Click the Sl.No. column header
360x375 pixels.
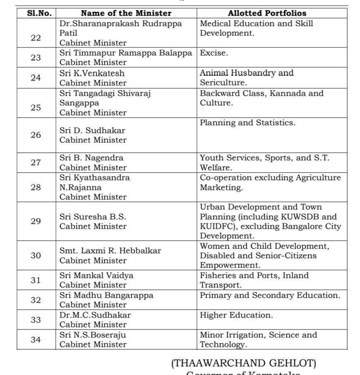pyautogui.click(x=36, y=13)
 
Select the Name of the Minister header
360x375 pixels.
pyautogui.click(x=126, y=13)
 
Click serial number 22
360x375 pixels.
pyautogui.click(x=36, y=38)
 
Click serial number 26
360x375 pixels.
pyautogui.click(x=36, y=135)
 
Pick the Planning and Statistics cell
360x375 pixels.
pyautogui.click(x=248, y=123)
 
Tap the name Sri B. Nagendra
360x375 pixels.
pyautogui.click(x=91, y=158)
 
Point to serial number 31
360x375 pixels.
pyautogui.click(x=36, y=280)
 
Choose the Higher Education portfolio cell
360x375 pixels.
pyautogui.click(x=236, y=315)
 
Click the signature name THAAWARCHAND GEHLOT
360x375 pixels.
pyautogui.click(x=244, y=363)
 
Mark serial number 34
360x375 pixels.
pyautogui.click(x=36, y=340)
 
